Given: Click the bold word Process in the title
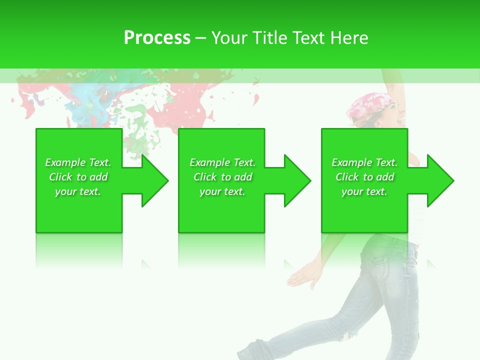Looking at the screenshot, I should [x=157, y=38].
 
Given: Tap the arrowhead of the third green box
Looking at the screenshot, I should [x=439, y=180].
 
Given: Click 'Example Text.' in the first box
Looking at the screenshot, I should [x=78, y=162].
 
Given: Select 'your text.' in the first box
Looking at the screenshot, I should [x=78, y=191].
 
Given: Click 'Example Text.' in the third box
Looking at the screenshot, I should [x=364, y=162].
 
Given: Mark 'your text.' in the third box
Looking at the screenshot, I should [x=364, y=191].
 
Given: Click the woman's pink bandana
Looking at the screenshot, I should [x=367, y=104].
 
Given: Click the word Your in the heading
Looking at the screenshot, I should [x=228, y=38].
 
